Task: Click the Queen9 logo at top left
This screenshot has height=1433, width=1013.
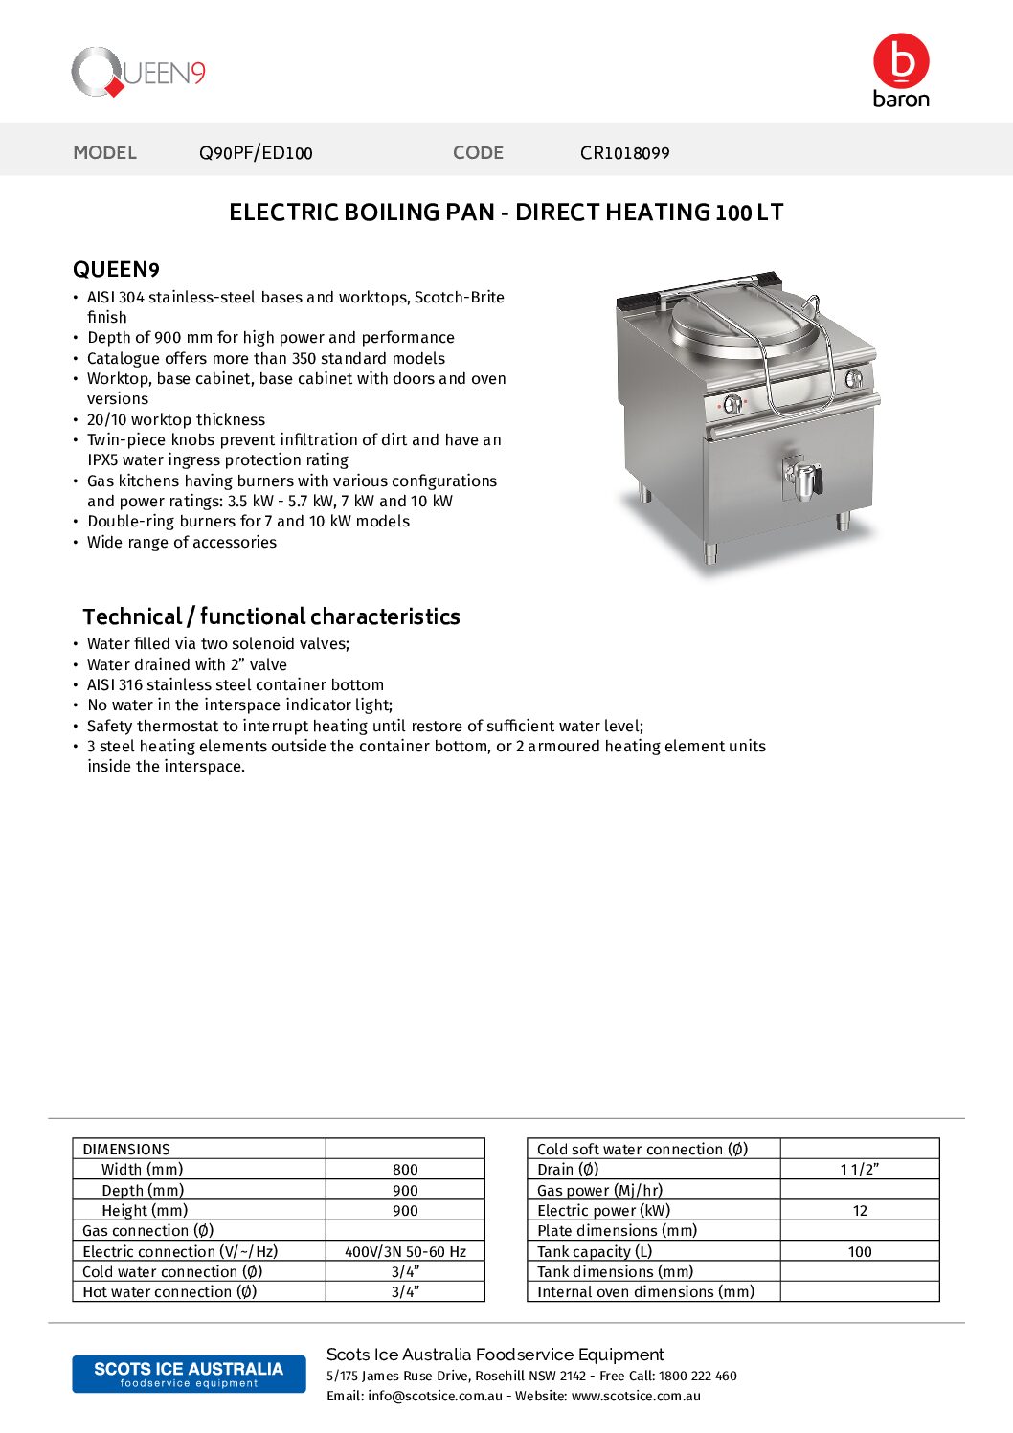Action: [x=139, y=73]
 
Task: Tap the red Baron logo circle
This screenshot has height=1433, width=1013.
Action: [x=901, y=61]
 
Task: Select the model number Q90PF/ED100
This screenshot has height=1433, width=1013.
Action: [x=256, y=153]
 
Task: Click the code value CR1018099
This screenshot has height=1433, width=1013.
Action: [x=624, y=153]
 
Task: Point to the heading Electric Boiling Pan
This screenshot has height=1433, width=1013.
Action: [x=506, y=213]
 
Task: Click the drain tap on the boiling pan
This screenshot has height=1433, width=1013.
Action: [x=802, y=479]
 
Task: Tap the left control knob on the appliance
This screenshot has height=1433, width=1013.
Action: [x=732, y=404]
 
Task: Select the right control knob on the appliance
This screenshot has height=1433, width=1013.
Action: [x=853, y=379]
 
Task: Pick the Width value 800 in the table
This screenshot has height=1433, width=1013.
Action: [x=405, y=1170]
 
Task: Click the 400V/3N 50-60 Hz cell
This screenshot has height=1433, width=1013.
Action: [x=405, y=1251]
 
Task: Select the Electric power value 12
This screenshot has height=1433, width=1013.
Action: [x=860, y=1211]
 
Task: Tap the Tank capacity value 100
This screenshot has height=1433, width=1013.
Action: [x=860, y=1251]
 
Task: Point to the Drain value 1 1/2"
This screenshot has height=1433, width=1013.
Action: [x=860, y=1170]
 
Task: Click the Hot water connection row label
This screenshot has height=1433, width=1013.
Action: [x=169, y=1292]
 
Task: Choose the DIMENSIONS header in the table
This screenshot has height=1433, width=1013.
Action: [x=126, y=1149]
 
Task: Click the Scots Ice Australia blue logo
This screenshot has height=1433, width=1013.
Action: [x=189, y=1374]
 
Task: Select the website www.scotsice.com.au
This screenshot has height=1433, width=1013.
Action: [x=636, y=1396]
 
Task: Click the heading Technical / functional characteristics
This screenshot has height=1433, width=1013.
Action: [x=271, y=616]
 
